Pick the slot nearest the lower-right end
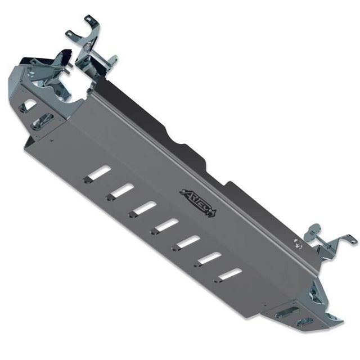click(x=229, y=274)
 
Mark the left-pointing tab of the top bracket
click(x=70, y=35)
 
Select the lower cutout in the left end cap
click(x=42, y=121)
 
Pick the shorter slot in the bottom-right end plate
click(x=304, y=321)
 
